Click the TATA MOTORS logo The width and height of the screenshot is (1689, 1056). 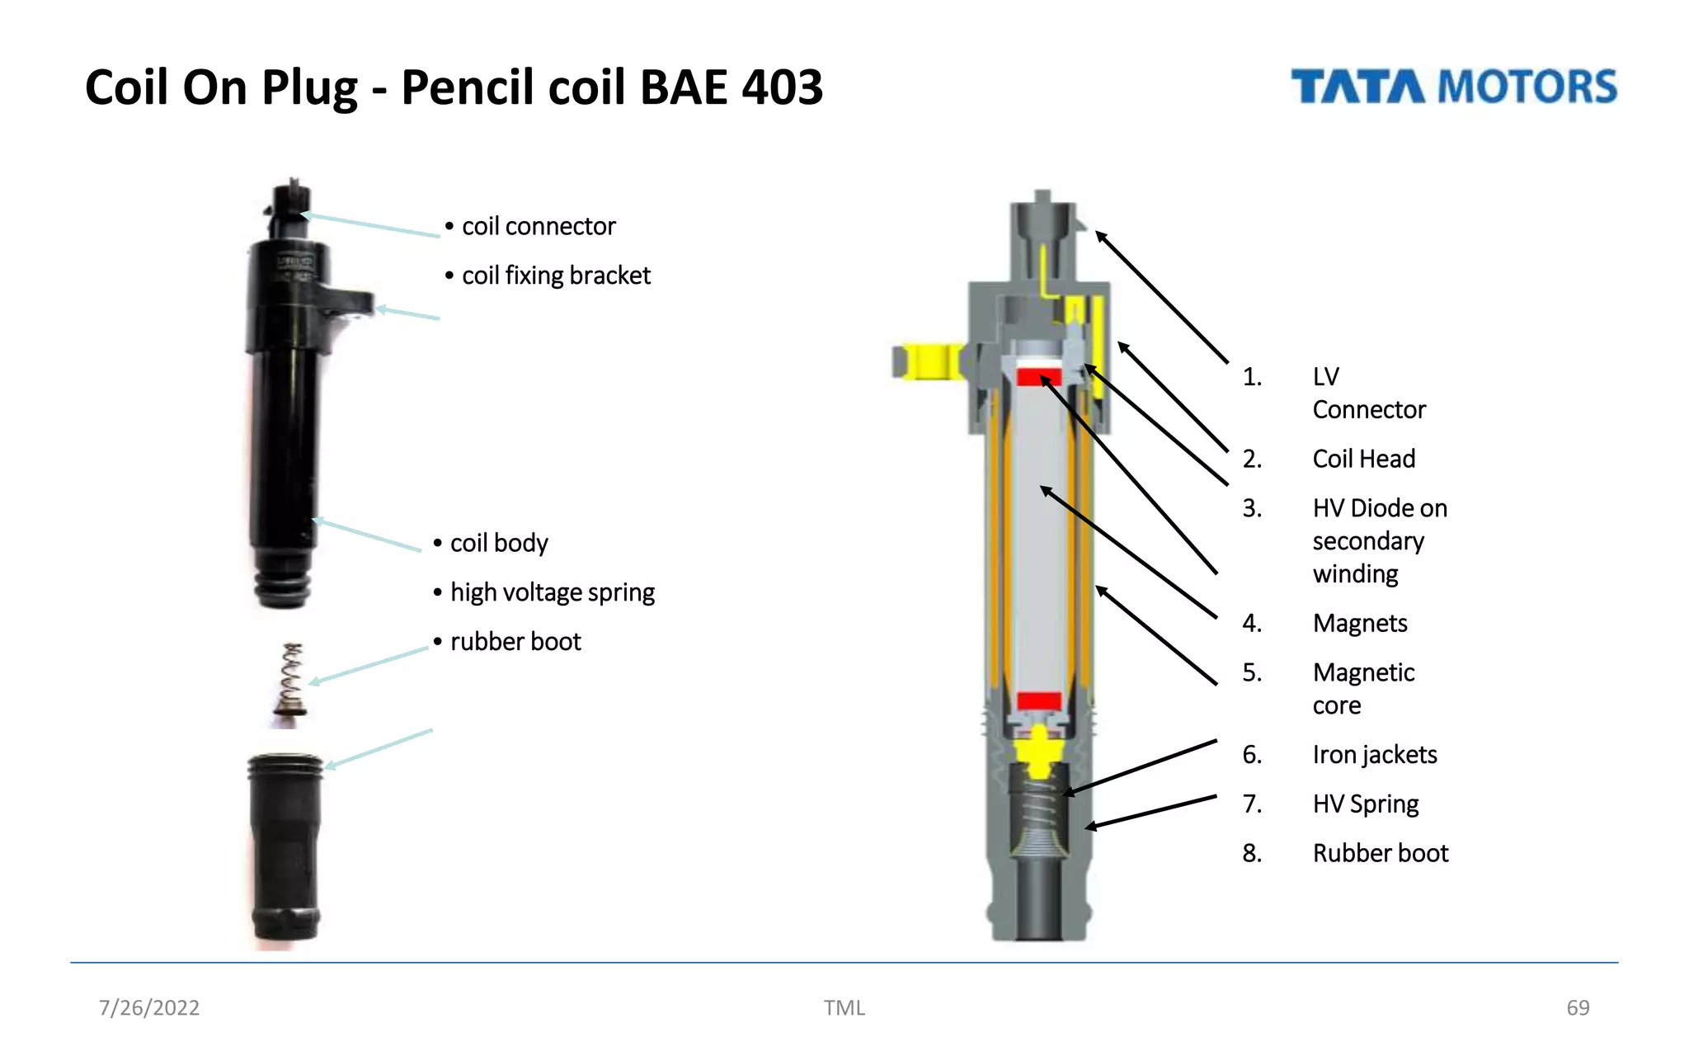(x=1453, y=87)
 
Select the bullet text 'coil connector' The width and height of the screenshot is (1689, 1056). (x=538, y=226)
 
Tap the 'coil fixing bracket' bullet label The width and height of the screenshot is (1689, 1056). (x=556, y=276)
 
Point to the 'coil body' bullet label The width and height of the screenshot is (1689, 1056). (x=498, y=543)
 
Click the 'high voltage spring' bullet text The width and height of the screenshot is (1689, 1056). (x=552, y=592)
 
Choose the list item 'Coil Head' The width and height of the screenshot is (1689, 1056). (x=1363, y=459)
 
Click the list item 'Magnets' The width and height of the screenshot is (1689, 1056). (x=1359, y=623)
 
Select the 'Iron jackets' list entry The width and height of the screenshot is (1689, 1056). (x=1374, y=755)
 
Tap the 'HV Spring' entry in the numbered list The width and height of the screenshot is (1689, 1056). (x=1365, y=804)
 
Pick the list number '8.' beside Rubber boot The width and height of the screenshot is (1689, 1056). (x=1252, y=853)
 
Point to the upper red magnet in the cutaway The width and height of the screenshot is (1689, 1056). (x=1038, y=377)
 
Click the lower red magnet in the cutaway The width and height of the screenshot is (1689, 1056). (x=1038, y=701)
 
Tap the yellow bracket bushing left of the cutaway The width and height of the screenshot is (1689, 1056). (x=928, y=361)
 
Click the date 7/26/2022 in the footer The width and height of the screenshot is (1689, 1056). (x=149, y=1007)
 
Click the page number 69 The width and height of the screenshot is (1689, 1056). (x=1577, y=1007)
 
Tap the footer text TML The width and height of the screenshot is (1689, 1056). (x=844, y=1007)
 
